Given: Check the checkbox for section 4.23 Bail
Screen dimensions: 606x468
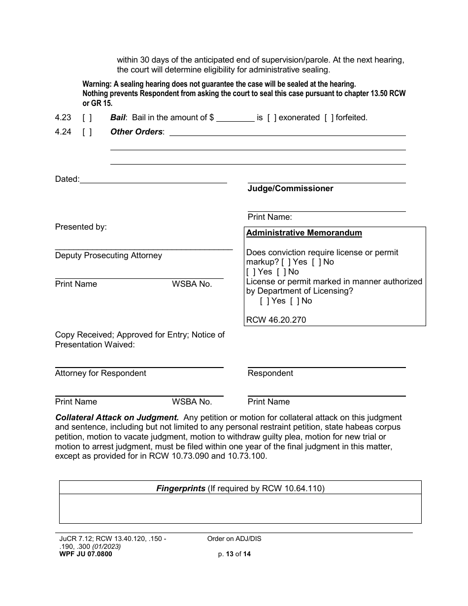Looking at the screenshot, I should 87,118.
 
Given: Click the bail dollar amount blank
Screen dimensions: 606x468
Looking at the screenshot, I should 235,118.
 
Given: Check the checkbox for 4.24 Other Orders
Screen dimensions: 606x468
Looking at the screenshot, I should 87,132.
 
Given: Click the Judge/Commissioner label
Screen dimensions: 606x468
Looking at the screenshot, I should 290,189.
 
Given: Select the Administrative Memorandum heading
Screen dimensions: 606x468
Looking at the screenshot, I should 304,233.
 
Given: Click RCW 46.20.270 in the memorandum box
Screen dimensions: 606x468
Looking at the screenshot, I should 276,320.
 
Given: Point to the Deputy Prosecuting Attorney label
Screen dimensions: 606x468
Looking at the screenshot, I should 108,256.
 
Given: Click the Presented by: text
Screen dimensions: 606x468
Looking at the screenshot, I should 81,227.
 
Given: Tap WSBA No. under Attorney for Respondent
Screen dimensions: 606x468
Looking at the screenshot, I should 192,402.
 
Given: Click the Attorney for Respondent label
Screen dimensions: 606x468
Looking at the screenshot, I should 100,373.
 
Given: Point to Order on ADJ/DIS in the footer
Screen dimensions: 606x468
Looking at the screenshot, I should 234,539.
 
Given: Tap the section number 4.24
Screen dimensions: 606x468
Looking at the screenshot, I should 63,132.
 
